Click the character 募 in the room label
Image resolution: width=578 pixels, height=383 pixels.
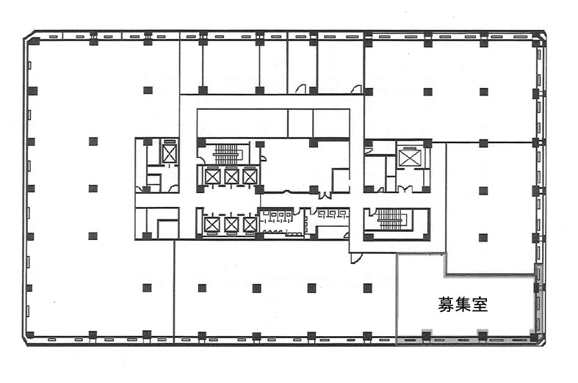tap(446, 305)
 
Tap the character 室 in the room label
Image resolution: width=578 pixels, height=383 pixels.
tap(480, 305)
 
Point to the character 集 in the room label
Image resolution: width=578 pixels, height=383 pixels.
tap(463, 305)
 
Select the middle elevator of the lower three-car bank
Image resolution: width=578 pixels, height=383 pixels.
tap(231, 225)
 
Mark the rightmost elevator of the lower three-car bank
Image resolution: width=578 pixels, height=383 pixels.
tap(250, 225)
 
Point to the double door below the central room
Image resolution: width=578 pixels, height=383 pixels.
tap(325, 196)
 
